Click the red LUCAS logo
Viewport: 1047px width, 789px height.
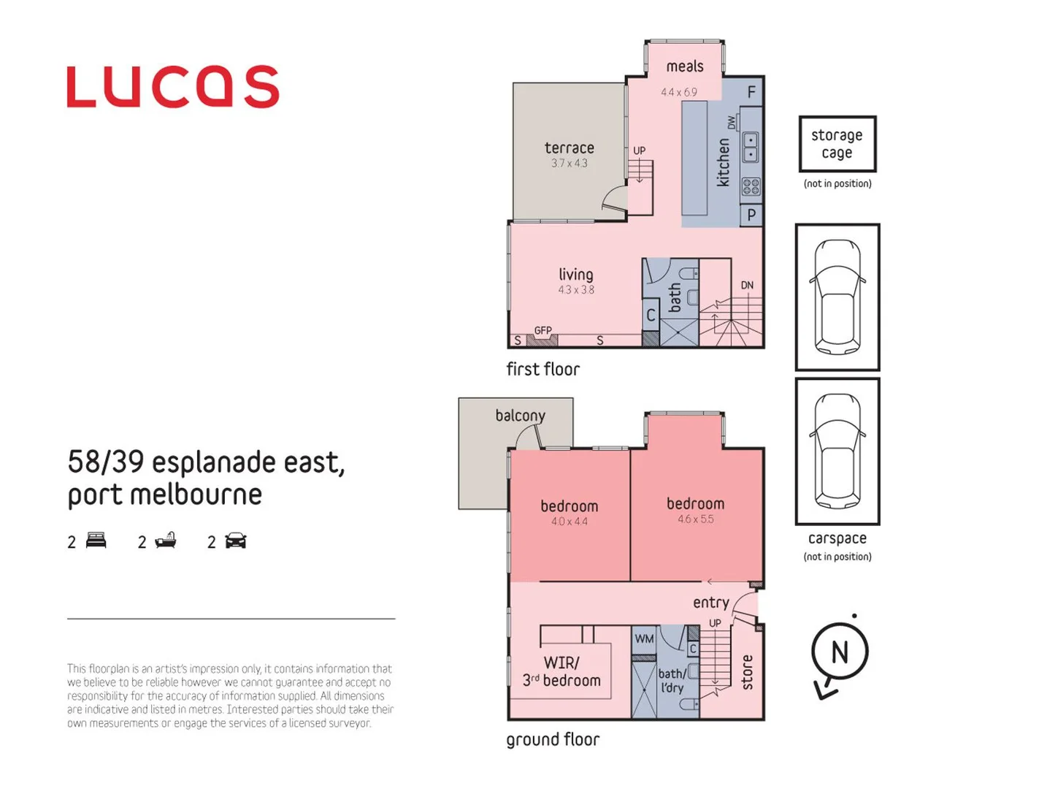click(173, 87)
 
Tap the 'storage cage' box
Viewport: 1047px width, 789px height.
click(837, 144)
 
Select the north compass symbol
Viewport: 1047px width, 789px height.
click(840, 652)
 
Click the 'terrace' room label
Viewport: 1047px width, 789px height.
click(569, 148)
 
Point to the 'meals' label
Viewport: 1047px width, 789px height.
click(684, 66)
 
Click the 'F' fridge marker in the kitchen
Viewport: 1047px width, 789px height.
click(751, 93)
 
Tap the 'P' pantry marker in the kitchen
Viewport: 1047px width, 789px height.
click(751, 216)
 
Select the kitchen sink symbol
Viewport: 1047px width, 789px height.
click(750, 147)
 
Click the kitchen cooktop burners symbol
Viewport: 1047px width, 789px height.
click(751, 187)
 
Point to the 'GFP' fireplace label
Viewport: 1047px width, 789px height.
click(542, 331)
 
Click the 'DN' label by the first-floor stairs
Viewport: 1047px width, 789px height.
click(747, 286)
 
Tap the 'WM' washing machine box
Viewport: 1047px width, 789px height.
click(644, 639)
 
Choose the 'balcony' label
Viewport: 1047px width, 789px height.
click(520, 416)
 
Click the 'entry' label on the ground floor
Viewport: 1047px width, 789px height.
click(710, 603)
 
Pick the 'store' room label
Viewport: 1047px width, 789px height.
click(747, 672)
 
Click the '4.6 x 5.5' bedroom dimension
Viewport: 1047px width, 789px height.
click(695, 519)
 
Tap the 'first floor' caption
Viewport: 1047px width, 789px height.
click(542, 370)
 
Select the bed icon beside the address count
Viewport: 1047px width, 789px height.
click(96, 541)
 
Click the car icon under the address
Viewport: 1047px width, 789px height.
click(235, 541)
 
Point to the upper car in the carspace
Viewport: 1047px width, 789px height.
click(837, 296)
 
